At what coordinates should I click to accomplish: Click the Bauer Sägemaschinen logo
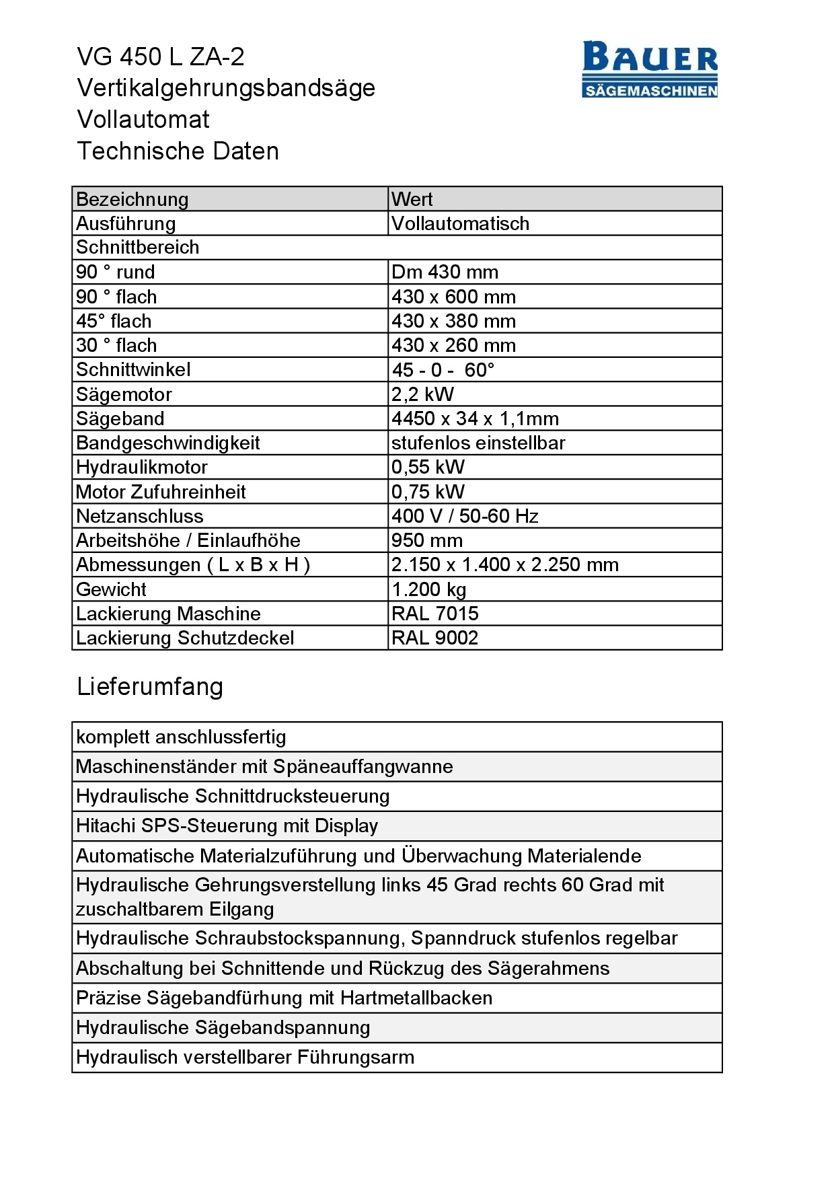[x=650, y=69]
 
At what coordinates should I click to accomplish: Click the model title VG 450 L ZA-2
[x=161, y=57]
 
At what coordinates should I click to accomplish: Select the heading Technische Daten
[x=178, y=151]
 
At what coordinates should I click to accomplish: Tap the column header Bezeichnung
[x=132, y=199]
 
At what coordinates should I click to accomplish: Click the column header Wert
[x=412, y=199]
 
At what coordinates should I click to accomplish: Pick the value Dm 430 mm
[x=445, y=272]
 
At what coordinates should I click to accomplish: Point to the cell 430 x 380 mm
[x=453, y=321]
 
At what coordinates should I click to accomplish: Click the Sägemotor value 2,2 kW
[x=422, y=394]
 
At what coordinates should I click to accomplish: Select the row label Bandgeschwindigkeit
[x=167, y=443]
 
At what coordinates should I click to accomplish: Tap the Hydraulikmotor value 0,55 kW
[x=428, y=467]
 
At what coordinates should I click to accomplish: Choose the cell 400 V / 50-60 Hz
[x=465, y=516]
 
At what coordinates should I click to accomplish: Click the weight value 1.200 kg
[x=428, y=589]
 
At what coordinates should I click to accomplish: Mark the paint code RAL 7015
[x=434, y=614]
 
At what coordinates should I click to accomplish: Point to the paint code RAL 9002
[x=434, y=638]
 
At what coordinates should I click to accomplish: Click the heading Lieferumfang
[x=149, y=686]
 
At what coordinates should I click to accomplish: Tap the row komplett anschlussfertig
[x=181, y=737]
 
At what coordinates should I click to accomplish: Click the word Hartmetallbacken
[x=416, y=998]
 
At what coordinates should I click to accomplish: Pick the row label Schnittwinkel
[x=133, y=369]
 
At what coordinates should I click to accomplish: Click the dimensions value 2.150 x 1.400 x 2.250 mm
[x=504, y=564]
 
